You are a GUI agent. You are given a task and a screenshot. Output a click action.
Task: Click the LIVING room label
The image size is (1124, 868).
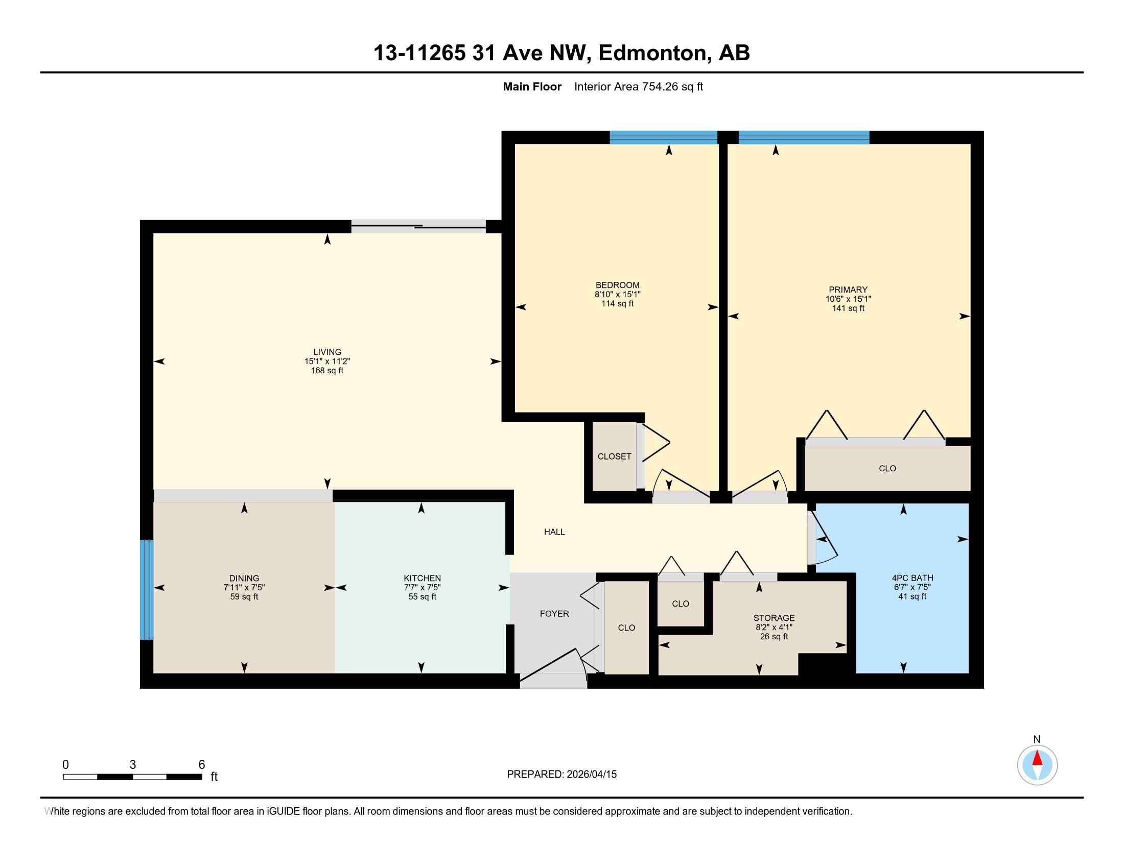pos(327,352)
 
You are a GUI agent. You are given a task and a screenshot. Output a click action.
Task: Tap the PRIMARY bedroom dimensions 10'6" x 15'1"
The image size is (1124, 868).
pos(848,299)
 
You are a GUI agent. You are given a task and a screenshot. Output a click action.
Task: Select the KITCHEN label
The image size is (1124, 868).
pos(422,578)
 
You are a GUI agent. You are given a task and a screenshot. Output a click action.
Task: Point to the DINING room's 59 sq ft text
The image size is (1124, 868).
pos(244,597)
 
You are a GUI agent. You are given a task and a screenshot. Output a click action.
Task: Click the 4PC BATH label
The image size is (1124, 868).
pos(912,578)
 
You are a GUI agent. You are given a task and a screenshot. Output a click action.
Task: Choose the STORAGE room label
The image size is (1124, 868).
pos(774,618)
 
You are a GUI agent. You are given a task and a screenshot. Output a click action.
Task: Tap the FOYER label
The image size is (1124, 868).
pos(554,613)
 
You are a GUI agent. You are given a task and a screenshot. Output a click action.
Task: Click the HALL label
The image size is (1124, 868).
pos(554,532)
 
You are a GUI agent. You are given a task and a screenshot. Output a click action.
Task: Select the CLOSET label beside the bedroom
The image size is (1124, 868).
pos(615,456)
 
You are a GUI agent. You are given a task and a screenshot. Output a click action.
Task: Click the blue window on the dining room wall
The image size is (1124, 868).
pos(147,590)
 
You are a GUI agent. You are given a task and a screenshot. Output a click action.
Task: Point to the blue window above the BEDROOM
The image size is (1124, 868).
pos(664,137)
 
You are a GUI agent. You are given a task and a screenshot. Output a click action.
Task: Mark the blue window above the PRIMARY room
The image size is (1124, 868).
pos(804,137)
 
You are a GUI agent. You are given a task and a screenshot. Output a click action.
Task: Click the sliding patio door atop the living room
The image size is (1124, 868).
pos(418,227)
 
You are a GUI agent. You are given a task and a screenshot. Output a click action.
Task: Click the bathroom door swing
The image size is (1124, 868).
pos(823,539)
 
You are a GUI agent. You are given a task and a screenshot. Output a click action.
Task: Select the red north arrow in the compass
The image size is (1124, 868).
pos(1038,758)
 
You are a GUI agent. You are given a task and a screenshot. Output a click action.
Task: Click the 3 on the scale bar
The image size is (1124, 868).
pos(133,765)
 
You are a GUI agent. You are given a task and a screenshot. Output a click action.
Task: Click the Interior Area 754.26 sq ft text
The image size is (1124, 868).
pos(639,87)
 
